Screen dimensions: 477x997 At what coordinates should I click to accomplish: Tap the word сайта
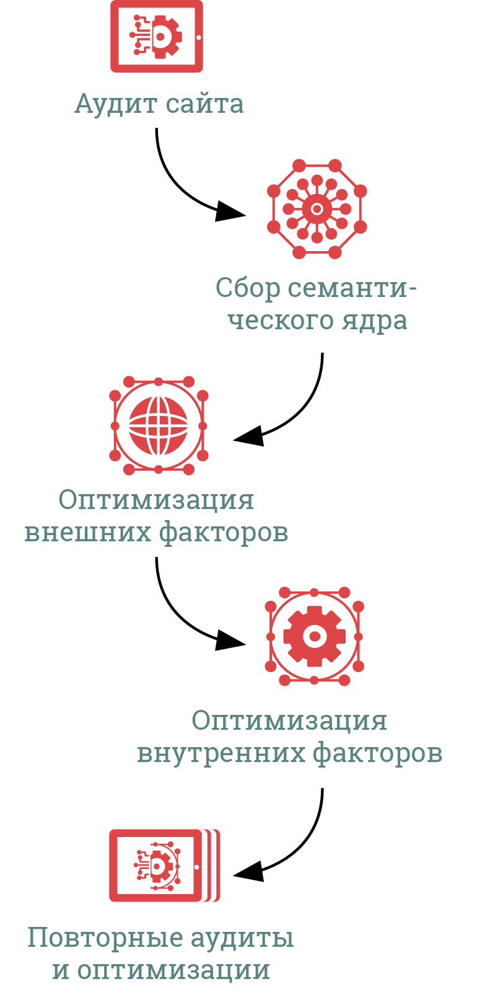[x=204, y=104]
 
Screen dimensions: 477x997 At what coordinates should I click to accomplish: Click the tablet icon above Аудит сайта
[x=157, y=36]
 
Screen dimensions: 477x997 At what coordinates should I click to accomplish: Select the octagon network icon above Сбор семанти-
[x=317, y=209]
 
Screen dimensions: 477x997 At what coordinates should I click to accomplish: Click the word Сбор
[x=247, y=288]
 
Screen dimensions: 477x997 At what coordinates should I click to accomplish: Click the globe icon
[x=159, y=425]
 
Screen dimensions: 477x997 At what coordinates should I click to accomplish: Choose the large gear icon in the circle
[x=314, y=636]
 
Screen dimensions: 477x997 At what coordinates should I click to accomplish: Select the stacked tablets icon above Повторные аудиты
[x=164, y=865]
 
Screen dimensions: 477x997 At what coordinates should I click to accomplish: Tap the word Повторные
[x=104, y=937]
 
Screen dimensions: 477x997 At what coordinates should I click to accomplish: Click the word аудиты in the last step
[x=242, y=937]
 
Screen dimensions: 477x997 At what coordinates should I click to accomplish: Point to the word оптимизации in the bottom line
[x=173, y=970]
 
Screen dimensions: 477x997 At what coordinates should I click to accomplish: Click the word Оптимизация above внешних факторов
[x=156, y=500]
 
